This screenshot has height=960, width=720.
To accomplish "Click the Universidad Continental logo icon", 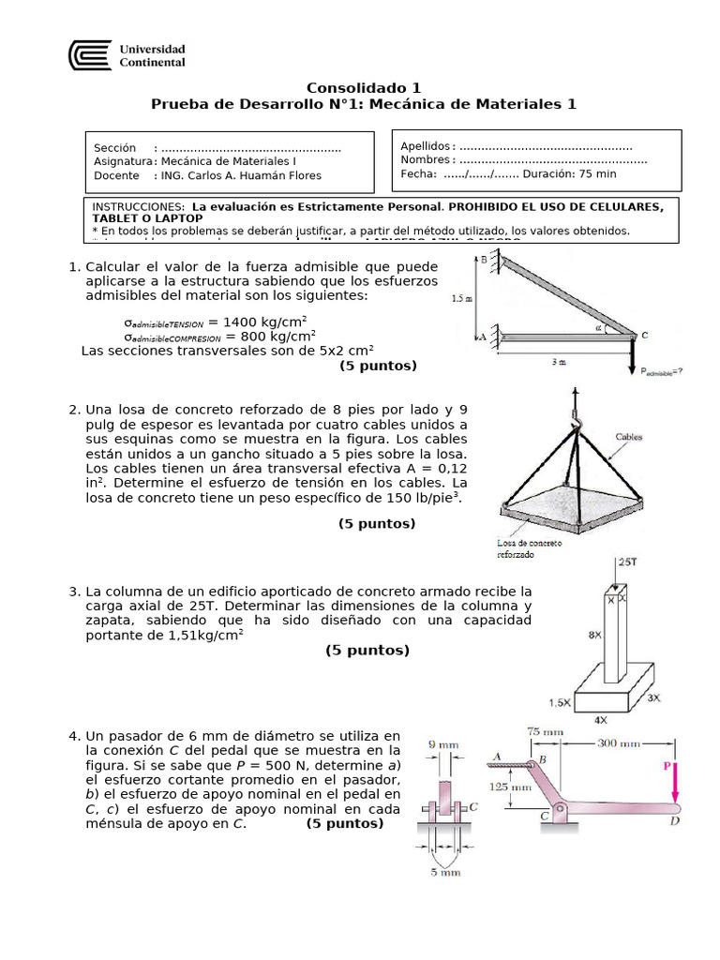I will [89, 55].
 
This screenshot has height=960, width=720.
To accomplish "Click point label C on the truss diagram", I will [644, 334].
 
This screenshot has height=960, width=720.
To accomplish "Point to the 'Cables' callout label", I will [632, 436].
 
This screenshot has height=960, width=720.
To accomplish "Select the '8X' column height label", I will [594, 635].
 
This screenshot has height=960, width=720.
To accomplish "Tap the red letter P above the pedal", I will [667, 766].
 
